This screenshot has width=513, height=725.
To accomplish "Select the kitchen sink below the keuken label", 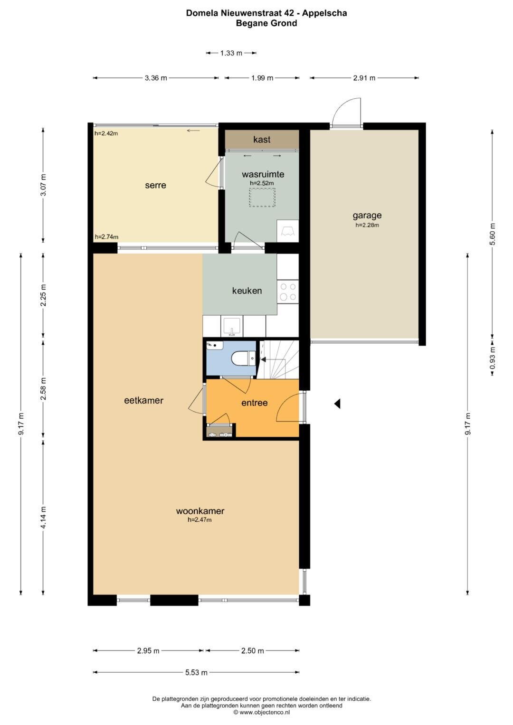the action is [232, 327].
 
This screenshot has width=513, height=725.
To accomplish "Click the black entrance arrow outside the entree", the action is [337, 404].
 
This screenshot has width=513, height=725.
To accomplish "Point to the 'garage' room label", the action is [367, 215].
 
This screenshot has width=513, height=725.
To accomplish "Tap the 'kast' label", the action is [262, 140].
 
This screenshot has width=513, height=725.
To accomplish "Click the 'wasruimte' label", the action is [263, 174].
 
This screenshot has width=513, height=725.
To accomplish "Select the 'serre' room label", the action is [155, 185].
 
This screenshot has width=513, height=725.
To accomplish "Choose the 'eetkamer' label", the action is [143, 400].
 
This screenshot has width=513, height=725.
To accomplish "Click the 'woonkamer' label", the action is [200, 511].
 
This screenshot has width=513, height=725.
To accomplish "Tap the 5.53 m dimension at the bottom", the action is [196, 673].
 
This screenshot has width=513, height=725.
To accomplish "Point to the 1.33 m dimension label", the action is [231, 53].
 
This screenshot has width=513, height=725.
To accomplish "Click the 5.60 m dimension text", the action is [493, 234].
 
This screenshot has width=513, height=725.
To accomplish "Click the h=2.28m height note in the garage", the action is [367, 225].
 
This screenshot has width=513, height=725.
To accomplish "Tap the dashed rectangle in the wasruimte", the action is [262, 198].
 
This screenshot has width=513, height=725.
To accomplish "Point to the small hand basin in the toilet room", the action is [215, 345].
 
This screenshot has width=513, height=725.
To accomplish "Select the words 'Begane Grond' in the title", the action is [266, 23].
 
